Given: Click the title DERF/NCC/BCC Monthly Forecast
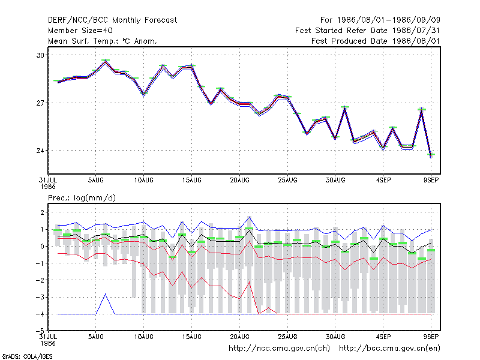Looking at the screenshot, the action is tap(112, 20).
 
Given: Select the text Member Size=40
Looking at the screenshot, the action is tap(80, 31).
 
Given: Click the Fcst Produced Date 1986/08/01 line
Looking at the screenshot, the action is tap(376, 41).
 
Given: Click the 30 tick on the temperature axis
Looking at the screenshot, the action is tap(40, 55).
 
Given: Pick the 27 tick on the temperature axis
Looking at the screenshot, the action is tap(40, 103).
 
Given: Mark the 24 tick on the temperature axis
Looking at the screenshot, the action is tap(40, 151).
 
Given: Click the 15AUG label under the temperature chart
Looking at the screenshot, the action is tap(191, 181).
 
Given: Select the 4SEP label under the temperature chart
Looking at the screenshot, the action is tap(383, 181).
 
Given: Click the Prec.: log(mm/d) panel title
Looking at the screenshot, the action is tap(82, 198).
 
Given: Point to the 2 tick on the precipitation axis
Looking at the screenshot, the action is tap(42, 212).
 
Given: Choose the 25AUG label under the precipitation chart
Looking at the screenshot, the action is tap(287, 337).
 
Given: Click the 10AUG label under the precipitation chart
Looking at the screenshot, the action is tap(143, 337).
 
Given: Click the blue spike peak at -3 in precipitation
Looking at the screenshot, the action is tap(106, 294).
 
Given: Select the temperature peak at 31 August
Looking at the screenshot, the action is tap(345, 107).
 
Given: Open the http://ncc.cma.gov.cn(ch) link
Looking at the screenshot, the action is tap(279, 349).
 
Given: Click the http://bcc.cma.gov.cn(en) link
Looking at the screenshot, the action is tap(389, 349).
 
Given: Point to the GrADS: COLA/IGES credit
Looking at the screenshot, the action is tap(27, 356).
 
